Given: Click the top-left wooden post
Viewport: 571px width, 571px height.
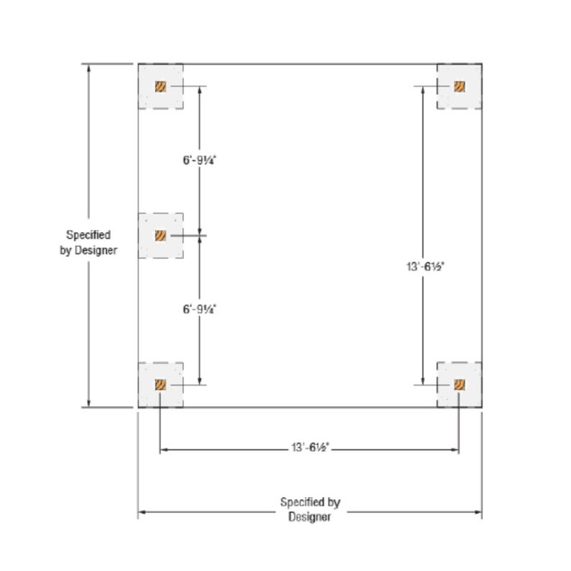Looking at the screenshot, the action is coord(160,86).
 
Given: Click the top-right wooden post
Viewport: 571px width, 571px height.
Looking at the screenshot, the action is coord(460,86).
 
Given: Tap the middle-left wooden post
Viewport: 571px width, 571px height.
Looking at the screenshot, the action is coord(160,236).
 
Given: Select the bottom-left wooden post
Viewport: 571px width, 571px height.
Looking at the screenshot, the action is coord(160,385).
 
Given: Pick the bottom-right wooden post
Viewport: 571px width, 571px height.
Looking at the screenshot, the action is coord(460,385).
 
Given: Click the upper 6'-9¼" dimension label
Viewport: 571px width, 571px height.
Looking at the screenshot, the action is coord(199,160).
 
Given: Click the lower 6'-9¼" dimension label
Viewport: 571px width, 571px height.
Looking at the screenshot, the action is coord(199,309).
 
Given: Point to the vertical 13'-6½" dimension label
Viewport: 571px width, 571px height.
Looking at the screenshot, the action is coord(425,267).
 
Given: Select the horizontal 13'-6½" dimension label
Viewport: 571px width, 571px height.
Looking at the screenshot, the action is coord(310,447).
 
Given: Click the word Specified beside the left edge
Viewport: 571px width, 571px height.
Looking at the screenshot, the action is coord(88,235).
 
